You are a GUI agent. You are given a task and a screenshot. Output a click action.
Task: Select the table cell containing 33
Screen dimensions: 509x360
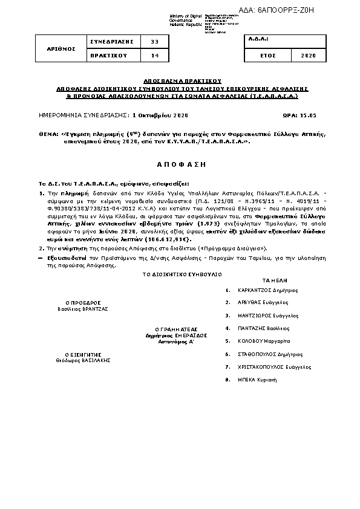coord(154,42)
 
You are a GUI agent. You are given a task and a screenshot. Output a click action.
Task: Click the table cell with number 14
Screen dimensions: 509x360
coord(154,56)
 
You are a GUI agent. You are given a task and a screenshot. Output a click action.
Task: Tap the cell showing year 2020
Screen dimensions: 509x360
coord(307,56)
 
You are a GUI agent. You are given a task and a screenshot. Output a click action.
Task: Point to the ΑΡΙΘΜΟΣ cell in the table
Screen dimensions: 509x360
coord(62,48)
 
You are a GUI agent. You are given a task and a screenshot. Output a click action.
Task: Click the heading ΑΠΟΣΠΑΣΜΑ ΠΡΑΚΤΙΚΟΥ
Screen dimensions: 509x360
coord(183,80)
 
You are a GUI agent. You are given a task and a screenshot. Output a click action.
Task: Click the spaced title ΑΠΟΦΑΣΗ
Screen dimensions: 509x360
coord(182,164)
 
